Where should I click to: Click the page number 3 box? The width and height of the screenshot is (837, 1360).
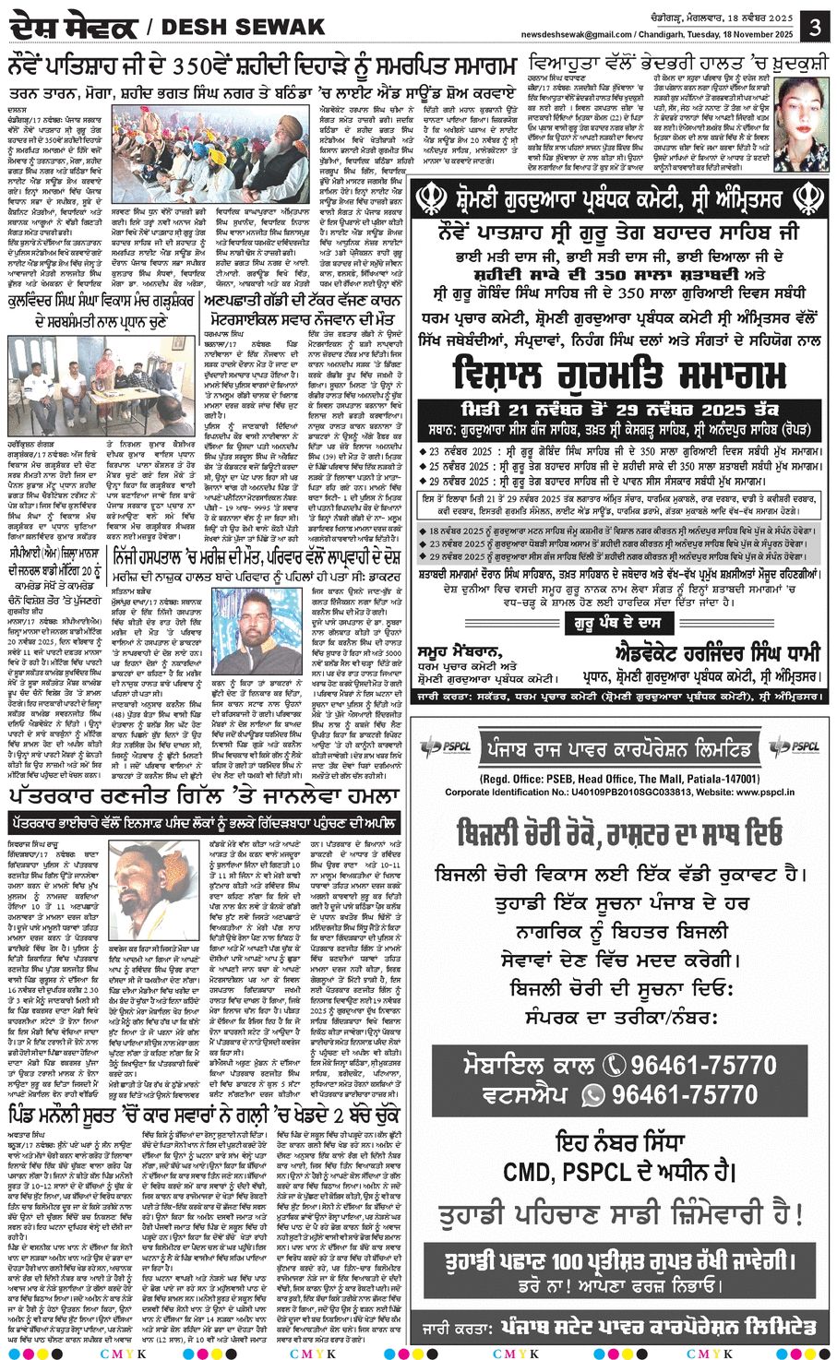tap(815, 26)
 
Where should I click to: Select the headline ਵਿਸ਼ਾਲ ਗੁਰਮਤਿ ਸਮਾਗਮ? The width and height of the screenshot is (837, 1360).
tap(620, 376)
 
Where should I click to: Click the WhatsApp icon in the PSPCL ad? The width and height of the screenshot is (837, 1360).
tap(592, 1094)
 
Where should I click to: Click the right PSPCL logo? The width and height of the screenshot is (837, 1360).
tap(795, 746)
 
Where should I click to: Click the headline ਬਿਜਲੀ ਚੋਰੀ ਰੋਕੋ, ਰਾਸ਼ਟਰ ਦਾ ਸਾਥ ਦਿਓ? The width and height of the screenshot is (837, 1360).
tap(620, 833)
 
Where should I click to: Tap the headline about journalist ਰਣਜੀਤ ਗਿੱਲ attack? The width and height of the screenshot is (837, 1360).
tap(204, 795)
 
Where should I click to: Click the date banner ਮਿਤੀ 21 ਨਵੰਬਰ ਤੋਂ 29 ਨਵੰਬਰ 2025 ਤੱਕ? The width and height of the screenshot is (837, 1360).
tap(620, 409)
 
